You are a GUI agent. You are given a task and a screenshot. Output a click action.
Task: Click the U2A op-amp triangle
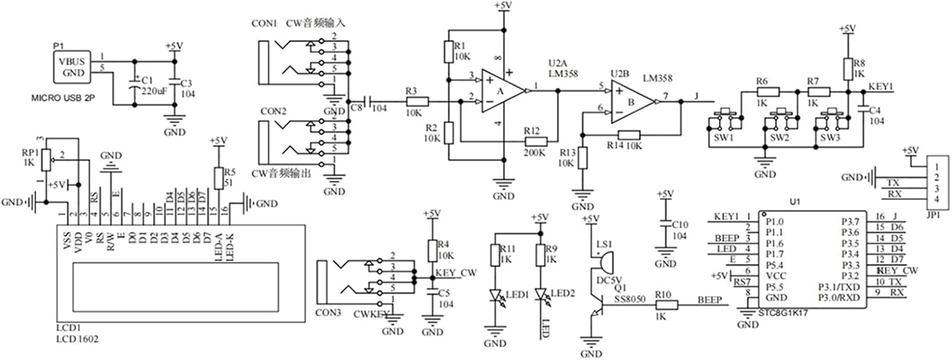coord(502,91)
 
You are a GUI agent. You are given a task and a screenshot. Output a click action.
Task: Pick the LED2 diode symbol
coord(541,295)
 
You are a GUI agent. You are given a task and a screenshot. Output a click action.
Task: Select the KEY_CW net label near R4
coord(456,272)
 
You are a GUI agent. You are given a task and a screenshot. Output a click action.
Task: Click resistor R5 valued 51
coord(218,178)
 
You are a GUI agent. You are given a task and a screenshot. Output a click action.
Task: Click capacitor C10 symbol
coord(664,225)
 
